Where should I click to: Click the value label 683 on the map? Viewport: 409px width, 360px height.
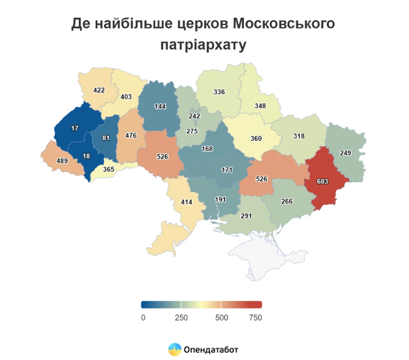coord(323,181)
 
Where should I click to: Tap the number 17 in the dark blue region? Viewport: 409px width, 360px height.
coord(75,128)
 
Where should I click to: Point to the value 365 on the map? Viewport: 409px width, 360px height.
coord(109,169)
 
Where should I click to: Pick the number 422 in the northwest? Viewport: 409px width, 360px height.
coord(99,90)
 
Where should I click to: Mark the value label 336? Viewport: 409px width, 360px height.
coord(219,92)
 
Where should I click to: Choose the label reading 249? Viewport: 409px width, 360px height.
coord(346,153)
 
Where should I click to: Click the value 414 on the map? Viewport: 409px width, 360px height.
coord(187,202)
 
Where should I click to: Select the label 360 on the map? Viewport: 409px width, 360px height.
coord(256,139)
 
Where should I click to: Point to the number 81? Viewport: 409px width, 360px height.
coord(106,138)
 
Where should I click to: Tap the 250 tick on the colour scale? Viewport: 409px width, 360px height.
coord(181,318)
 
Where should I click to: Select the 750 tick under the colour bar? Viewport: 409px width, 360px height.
coord(255,318)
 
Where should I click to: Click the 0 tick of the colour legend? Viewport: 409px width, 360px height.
coord(143,318)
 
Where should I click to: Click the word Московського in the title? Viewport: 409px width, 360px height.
coord(283,24)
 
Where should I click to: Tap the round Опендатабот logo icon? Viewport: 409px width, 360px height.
coord(174,349)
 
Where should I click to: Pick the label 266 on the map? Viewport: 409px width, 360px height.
coord(287,201)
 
